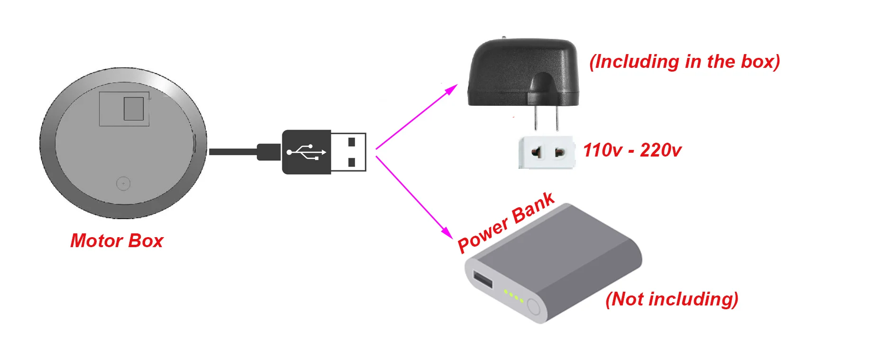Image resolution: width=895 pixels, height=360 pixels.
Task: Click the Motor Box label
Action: click(x=117, y=241)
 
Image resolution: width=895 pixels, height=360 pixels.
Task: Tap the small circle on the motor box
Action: click(x=123, y=184)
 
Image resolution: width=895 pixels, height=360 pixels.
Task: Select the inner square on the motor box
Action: click(x=133, y=109)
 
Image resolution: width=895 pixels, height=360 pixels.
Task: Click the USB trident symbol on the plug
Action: click(x=306, y=152)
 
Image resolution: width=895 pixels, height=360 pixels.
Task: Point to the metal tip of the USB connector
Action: click(x=348, y=152)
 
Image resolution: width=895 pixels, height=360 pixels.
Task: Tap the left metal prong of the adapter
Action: click(x=536, y=118)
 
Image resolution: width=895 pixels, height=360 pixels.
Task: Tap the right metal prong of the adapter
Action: click(x=557, y=118)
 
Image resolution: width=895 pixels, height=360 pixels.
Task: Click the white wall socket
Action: click(x=547, y=152)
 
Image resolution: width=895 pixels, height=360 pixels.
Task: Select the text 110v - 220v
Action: click(x=632, y=150)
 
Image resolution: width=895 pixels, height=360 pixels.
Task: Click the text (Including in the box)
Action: click(x=685, y=62)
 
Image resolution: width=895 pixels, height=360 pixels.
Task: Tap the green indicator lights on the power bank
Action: click(x=513, y=296)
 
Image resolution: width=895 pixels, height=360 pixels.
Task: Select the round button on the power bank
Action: click(x=534, y=307)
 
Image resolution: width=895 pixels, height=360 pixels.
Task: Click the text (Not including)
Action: click(x=672, y=299)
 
